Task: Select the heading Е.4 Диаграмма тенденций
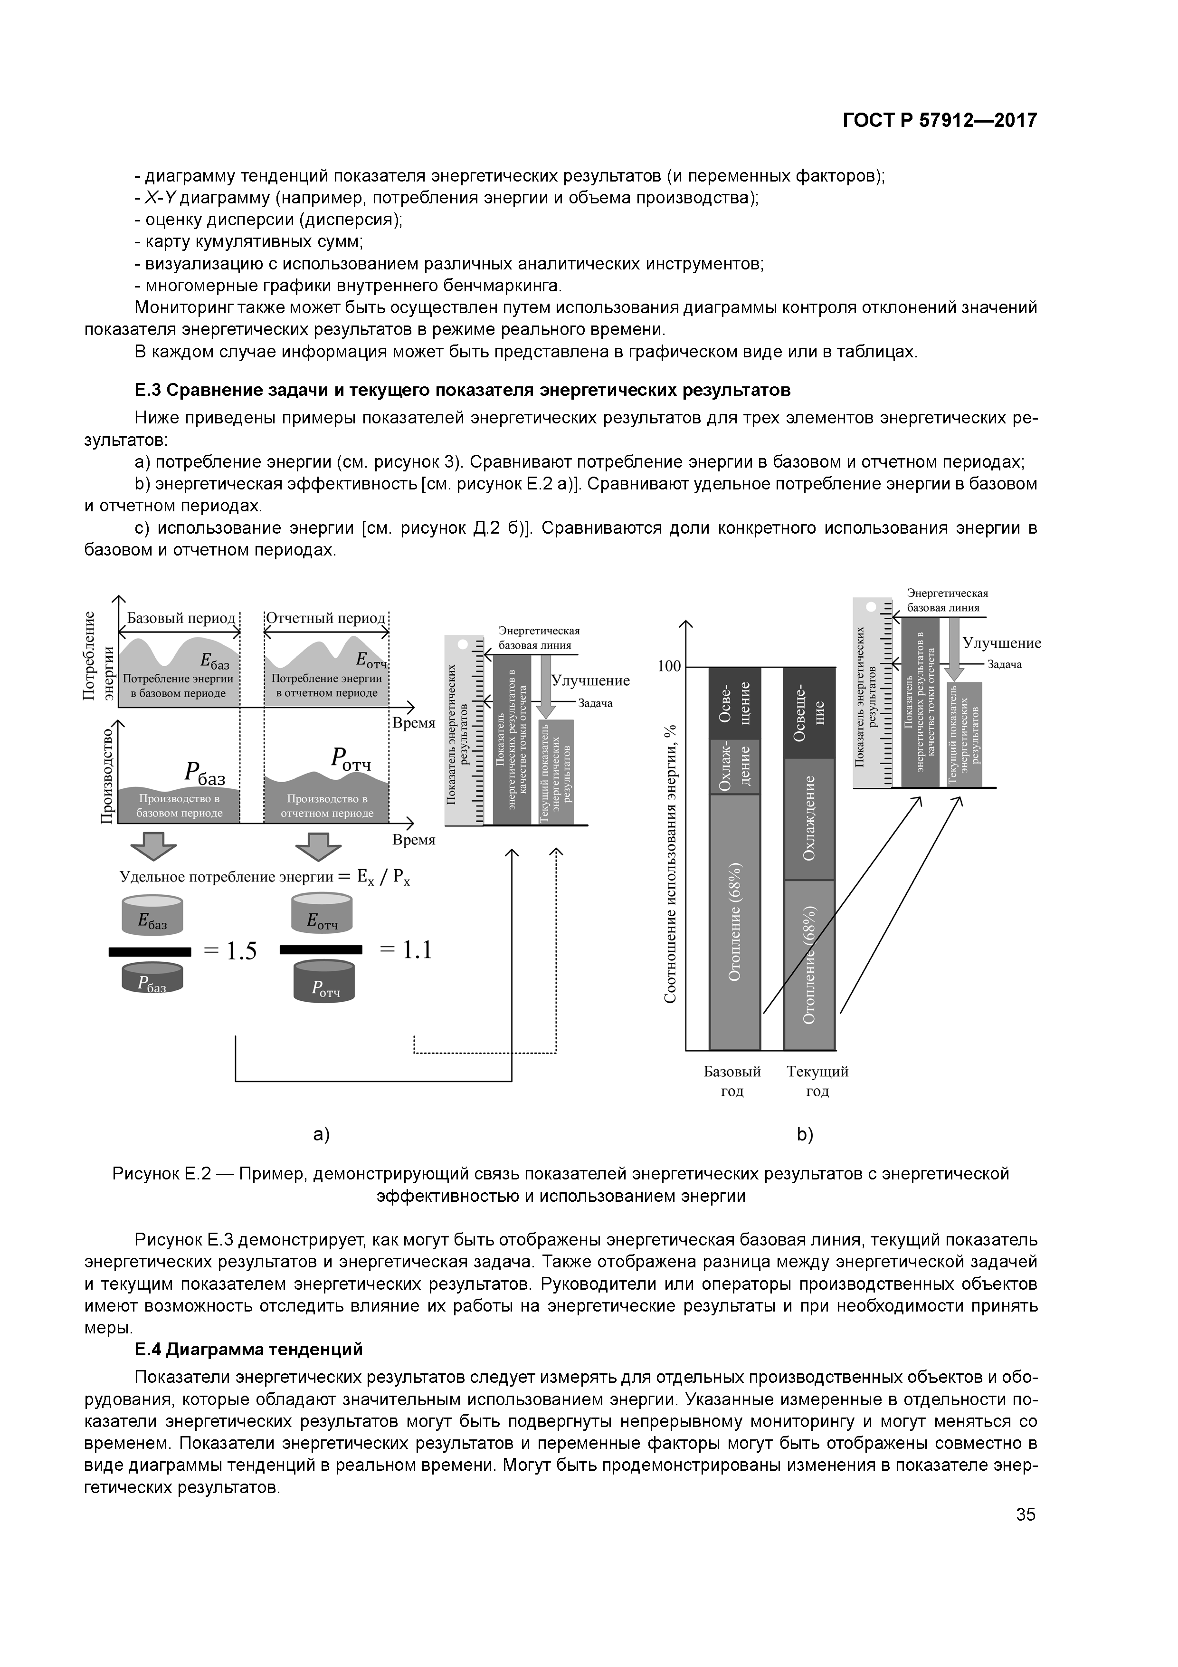point(248,1349)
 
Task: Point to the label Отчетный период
point(325,618)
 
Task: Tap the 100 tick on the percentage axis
point(669,667)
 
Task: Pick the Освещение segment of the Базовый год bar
point(734,703)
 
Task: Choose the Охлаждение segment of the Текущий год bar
point(809,818)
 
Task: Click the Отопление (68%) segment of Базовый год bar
point(734,922)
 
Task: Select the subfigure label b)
point(805,1134)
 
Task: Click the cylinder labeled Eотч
point(322,914)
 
